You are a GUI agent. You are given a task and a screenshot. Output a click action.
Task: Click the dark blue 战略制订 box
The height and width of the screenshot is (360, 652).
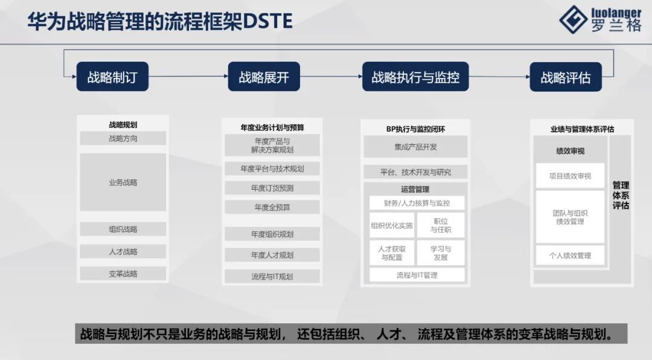(112, 77)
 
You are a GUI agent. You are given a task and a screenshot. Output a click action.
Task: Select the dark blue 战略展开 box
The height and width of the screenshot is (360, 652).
(264, 77)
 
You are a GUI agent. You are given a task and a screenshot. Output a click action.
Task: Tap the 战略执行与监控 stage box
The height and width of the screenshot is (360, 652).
(415, 77)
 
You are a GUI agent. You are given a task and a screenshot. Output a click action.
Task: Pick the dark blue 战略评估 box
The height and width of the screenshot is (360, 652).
(566, 77)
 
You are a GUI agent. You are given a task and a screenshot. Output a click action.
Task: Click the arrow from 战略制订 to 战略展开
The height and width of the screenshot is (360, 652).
(188, 77)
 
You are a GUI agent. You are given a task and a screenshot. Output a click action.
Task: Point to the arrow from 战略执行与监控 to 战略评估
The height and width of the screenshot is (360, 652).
(499, 77)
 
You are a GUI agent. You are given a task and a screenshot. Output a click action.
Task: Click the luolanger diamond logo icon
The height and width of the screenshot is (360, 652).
(573, 20)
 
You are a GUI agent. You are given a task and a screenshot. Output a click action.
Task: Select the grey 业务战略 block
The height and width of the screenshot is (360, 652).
(123, 182)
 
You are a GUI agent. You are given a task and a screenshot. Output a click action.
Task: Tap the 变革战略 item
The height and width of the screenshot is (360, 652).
(123, 274)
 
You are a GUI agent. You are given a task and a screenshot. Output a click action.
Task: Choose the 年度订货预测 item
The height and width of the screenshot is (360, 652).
(272, 188)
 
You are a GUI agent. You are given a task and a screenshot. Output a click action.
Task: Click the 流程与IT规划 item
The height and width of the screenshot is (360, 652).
(272, 277)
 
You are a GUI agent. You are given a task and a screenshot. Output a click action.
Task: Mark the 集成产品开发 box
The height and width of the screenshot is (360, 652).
(415, 146)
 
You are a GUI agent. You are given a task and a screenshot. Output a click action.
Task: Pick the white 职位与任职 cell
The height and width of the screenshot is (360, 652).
(441, 225)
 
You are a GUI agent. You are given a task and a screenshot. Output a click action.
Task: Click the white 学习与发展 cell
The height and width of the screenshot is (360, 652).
(441, 252)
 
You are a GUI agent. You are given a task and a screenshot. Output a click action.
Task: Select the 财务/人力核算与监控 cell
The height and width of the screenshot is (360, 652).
(417, 203)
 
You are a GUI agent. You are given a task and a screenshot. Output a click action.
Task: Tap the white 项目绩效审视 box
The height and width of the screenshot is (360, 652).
(570, 176)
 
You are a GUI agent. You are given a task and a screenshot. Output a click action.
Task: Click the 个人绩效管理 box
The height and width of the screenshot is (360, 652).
(570, 255)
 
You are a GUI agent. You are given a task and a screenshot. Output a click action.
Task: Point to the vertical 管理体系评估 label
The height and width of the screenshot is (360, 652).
(621, 195)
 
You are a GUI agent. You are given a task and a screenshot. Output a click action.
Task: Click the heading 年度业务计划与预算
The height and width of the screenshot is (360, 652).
(272, 127)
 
